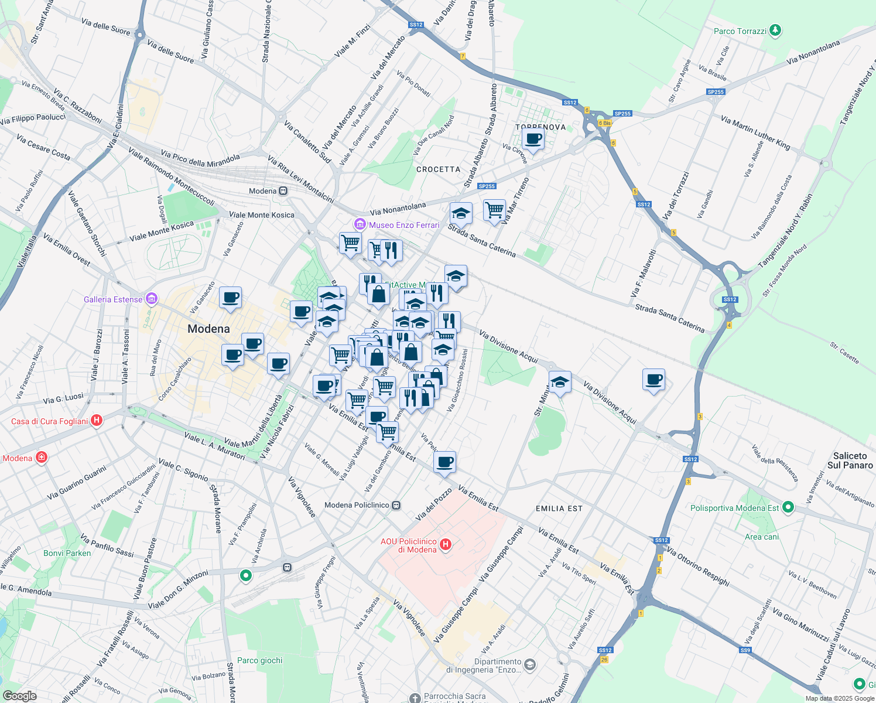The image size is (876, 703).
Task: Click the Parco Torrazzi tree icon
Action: [x=775, y=30]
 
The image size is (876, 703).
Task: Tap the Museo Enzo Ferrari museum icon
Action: [x=360, y=224]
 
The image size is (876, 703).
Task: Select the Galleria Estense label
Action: [x=113, y=299]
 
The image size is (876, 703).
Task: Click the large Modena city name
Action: [x=208, y=329]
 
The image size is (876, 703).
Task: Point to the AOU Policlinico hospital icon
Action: [x=446, y=545]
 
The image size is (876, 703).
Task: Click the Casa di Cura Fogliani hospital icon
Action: [x=97, y=421]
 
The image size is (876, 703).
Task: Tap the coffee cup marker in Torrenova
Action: [x=533, y=139]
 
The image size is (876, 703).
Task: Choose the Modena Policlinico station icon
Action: [x=396, y=505]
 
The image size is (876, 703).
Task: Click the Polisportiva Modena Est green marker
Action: [x=788, y=507]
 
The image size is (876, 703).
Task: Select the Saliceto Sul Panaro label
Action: [x=850, y=460]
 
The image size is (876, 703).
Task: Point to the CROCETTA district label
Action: [x=438, y=169]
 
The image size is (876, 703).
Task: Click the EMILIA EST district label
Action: [x=559, y=509]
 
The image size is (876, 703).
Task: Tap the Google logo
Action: [x=19, y=695]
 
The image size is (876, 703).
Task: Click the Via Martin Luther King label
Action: [x=755, y=132]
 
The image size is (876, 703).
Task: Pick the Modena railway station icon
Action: [x=283, y=191]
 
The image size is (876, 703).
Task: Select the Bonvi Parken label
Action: [x=67, y=553]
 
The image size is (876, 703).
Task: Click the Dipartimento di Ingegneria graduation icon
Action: [x=530, y=664]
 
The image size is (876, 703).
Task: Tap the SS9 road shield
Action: [x=745, y=650]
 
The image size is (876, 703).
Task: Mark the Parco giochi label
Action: [x=259, y=660]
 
